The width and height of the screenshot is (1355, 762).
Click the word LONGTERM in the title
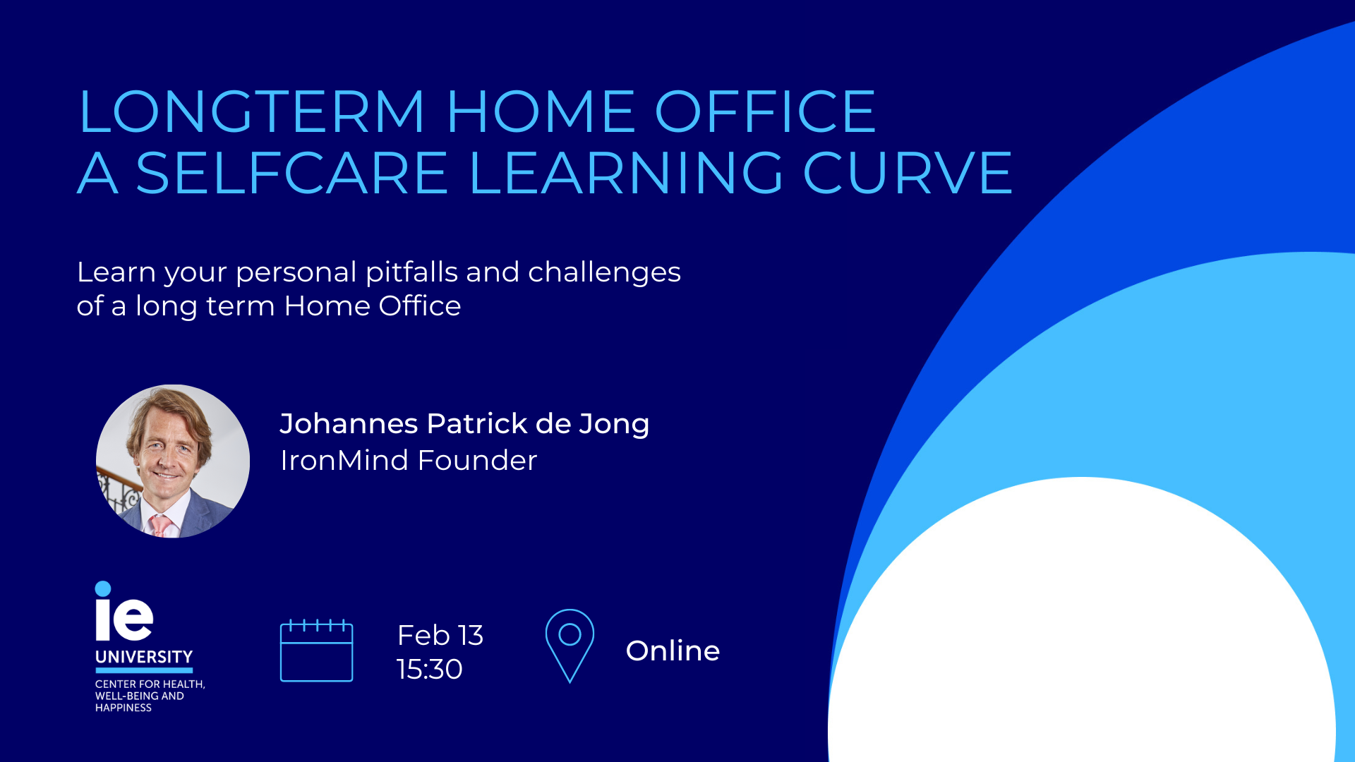252,111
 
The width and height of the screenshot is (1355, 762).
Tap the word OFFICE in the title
766,111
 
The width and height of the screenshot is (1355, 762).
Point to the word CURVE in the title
908,172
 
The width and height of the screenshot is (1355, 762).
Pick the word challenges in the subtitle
604,273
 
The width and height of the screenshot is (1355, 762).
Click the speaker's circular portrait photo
173,461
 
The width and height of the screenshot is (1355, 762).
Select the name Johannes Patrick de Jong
464,424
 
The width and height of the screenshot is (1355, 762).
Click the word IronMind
344,460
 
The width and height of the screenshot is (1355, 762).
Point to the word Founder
477,460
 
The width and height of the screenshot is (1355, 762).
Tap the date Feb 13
440,635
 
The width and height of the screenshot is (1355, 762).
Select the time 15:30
430,669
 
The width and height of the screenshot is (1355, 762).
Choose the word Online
673,651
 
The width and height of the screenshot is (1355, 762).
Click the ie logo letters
124,619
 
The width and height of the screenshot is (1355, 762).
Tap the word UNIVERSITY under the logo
144,657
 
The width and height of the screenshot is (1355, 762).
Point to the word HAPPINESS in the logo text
124,708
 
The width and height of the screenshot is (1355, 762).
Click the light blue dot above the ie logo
103,588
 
